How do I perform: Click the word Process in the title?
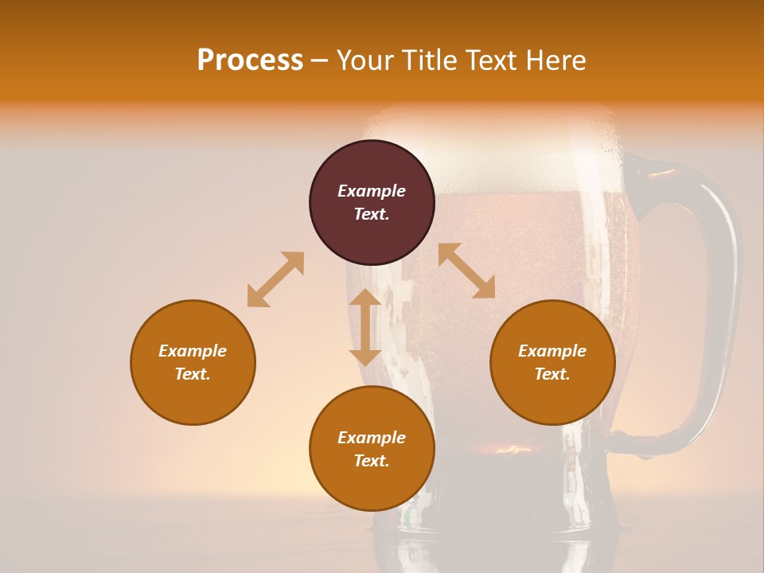pyautogui.click(x=250, y=60)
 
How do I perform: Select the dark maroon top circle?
pyautogui.click(x=372, y=202)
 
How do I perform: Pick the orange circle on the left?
pyautogui.click(x=193, y=362)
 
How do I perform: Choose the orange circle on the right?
pyautogui.click(x=552, y=362)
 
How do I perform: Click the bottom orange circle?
pyautogui.click(x=372, y=449)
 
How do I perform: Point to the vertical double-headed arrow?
pyautogui.click(x=365, y=327)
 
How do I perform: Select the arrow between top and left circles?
pyautogui.click(x=275, y=279)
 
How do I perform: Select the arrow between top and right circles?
pyautogui.click(x=467, y=271)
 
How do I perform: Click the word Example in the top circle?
pyautogui.click(x=372, y=191)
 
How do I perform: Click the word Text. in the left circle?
pyautogui.click(x=193, y=374)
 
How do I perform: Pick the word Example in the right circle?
pyautogui.click(x=552, y=351)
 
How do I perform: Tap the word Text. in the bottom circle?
pyautogui.click(x=372, y=461)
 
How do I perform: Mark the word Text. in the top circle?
pyautogui.click(x=372, y=214)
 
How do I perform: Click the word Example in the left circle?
pyautogui.click(x=193, y=351)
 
